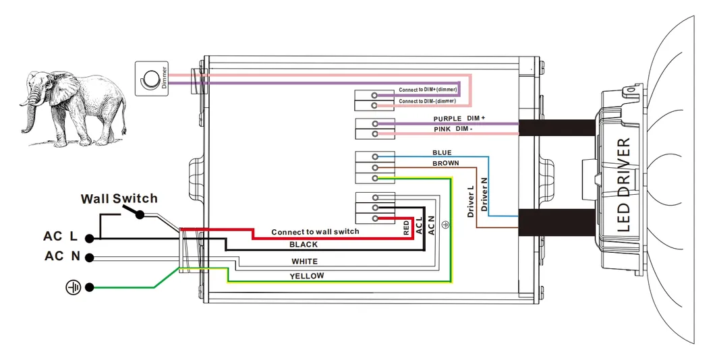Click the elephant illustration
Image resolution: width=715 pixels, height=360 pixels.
(74, 108)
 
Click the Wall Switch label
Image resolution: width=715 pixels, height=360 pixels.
(119, 198)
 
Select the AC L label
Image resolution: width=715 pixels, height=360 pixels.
(62, 236)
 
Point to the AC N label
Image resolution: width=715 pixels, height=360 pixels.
(63, 256)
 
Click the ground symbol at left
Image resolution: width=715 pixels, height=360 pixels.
(73, 288)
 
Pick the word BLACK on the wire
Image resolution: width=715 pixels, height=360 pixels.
(303, 244)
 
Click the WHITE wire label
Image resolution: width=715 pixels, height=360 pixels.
(304, 261)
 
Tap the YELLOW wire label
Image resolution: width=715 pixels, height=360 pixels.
(307, 276)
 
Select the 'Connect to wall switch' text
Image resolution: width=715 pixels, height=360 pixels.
(315, 232)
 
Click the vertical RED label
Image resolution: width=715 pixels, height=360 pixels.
(406, 227)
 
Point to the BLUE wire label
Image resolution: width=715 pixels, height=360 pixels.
(442, 153)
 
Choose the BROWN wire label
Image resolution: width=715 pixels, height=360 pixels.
(445, 163)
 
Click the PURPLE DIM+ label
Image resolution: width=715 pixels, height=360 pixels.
(459, 119)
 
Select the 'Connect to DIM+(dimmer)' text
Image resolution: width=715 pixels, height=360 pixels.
(428, 90)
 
